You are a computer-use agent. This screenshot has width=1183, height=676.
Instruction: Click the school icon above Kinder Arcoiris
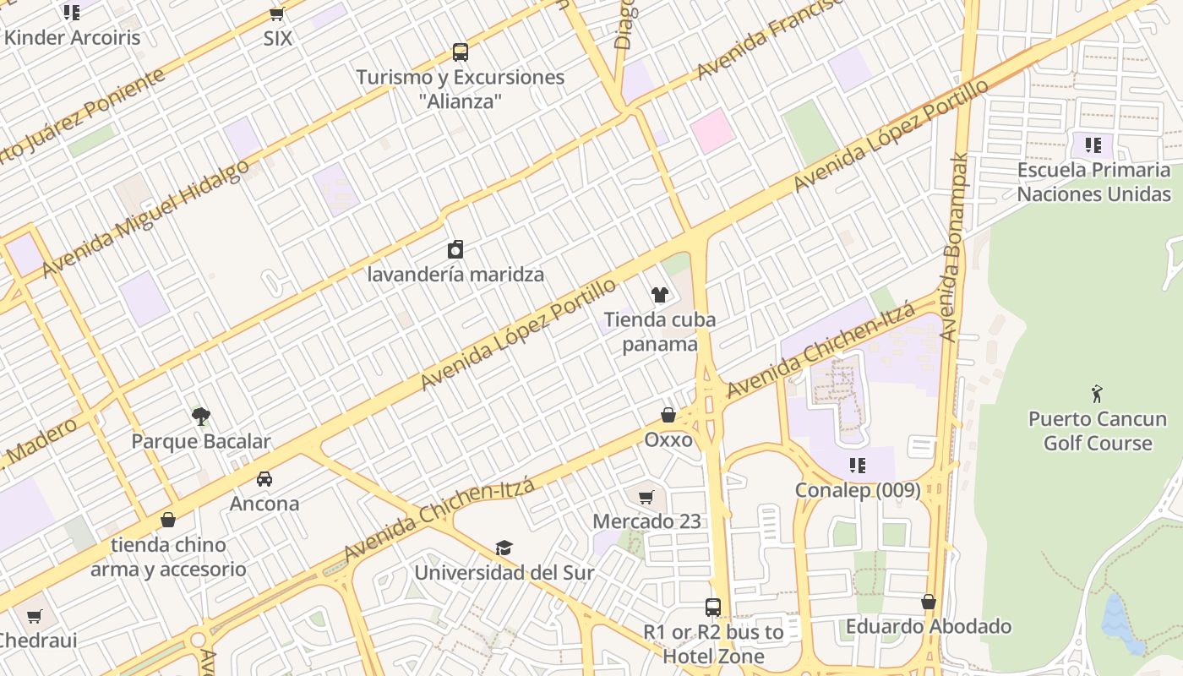pos(72,12)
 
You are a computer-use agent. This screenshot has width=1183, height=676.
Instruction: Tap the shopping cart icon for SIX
pos(276,14)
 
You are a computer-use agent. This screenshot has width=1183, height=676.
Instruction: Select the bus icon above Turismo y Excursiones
pos(460,52)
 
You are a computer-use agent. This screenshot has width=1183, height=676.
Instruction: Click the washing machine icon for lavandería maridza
pos(455,249)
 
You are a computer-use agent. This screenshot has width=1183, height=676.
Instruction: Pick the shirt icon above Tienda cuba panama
pos(659,294)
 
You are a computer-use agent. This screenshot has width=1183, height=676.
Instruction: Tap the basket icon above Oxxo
pos(668,415)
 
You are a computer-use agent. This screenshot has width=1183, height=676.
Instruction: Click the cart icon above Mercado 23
pos(646,497)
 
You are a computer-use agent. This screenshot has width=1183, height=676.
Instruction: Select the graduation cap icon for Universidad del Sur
pos(504,548)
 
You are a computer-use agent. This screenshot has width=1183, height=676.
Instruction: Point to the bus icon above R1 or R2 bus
pos(713,607)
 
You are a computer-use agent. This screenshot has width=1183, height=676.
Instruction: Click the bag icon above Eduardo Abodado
pos(929,602)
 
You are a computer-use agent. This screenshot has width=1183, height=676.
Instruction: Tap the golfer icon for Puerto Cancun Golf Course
pos(1097,393)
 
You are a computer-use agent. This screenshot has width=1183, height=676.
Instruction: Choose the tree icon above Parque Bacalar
pos(200,416)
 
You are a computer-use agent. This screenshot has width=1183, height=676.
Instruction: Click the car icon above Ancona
pos(264,478)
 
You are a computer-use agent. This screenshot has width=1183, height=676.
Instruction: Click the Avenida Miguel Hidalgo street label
pos(145,216)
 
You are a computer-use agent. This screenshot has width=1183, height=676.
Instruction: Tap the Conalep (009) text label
pos(858,490)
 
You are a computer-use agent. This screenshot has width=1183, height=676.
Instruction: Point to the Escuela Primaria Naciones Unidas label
pos(1093,182)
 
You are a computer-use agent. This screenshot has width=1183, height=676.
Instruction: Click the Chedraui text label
pos(38,640)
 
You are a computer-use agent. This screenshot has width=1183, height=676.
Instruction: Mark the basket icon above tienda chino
pos(168,520)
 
